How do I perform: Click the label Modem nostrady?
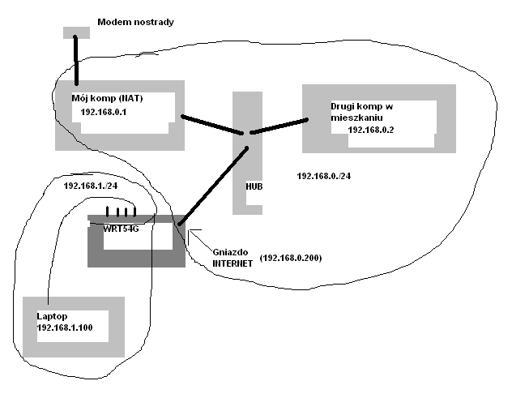[135, 20]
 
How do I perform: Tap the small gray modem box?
[76, 32]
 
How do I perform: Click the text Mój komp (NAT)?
[109, 97]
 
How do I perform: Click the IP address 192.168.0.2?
[370, 130]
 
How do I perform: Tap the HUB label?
[254, 186]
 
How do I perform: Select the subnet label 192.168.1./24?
[91, 186]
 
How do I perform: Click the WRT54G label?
[122, 229]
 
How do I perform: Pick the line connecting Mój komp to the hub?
[212, 126]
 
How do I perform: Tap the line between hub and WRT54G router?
[212, 182]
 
